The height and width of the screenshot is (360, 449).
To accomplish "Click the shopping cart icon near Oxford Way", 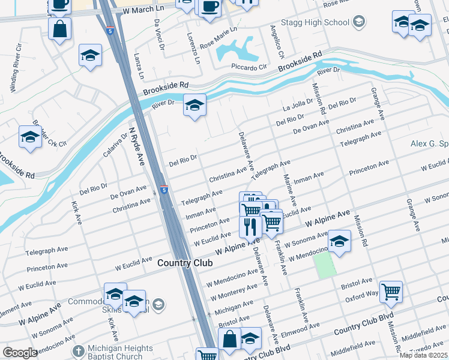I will pyautogui.click(x=391, y=292).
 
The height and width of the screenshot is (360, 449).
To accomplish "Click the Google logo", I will pyautogui.click(x=20, y=353).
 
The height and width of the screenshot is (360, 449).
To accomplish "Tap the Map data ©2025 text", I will pyautogui.click(x=423, y=355).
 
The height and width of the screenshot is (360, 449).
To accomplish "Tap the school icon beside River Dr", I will pyautogui.click(x=194, y=106).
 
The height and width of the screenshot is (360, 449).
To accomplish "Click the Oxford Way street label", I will pyautogui.click(x=361, y=294).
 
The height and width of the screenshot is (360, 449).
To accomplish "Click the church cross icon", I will pyautogui.click(x=77, y=350).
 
